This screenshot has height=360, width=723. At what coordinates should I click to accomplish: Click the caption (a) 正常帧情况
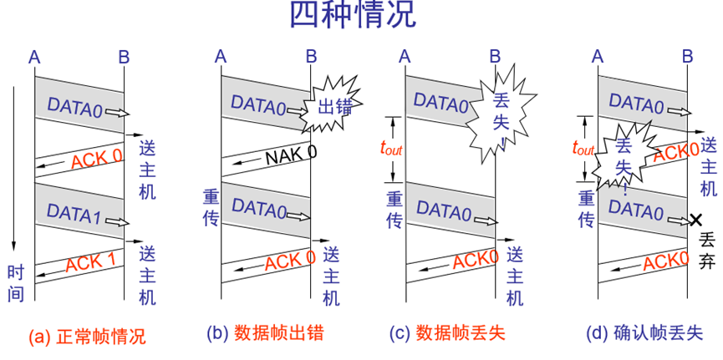(x=87, y=337)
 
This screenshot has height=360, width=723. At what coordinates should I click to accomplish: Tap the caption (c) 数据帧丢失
(x=447, y=333)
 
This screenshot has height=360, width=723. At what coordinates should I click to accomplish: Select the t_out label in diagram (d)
(x=583, y=148)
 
